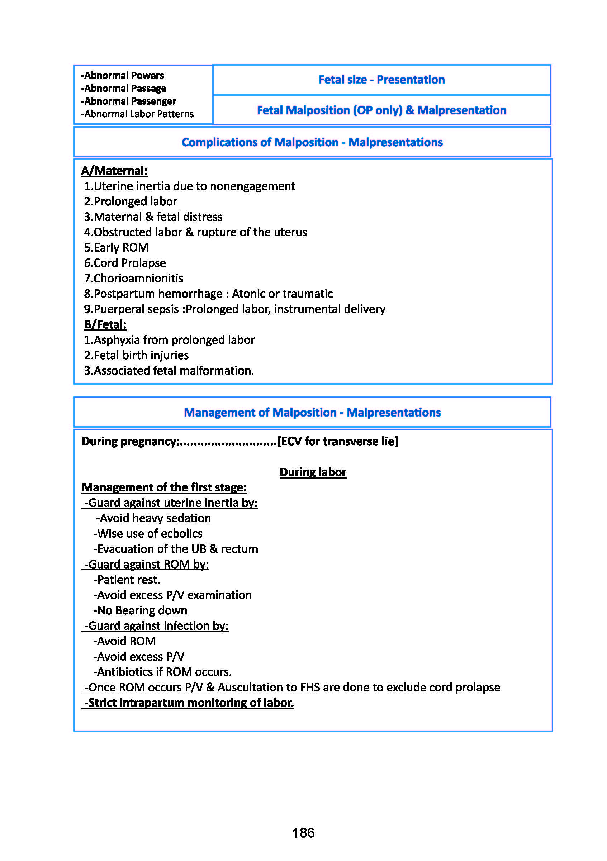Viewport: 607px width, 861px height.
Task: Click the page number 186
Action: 303,833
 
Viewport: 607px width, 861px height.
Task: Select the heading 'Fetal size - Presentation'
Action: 381,80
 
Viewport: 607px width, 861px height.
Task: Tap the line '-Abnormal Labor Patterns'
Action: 138,114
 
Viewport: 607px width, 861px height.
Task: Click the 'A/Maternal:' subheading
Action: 114,171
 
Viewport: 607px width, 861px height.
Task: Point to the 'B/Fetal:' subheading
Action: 105,324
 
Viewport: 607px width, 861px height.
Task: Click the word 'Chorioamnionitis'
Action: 138,278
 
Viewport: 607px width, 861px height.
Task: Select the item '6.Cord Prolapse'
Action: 125,263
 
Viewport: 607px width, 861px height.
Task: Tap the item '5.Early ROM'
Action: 116,247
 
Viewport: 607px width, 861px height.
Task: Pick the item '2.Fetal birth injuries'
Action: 136,355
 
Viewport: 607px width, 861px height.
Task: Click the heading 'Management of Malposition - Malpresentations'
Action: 312,412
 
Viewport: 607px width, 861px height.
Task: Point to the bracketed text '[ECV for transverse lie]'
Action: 338,441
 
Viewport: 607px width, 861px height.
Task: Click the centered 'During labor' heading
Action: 313,472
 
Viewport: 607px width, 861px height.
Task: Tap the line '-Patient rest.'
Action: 127,580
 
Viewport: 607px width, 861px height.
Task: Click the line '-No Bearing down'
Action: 140,610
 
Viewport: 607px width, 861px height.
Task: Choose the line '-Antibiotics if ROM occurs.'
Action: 162,672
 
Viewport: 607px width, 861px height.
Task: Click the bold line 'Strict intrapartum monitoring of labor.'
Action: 189,703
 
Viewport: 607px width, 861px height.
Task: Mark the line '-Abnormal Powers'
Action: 123,76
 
